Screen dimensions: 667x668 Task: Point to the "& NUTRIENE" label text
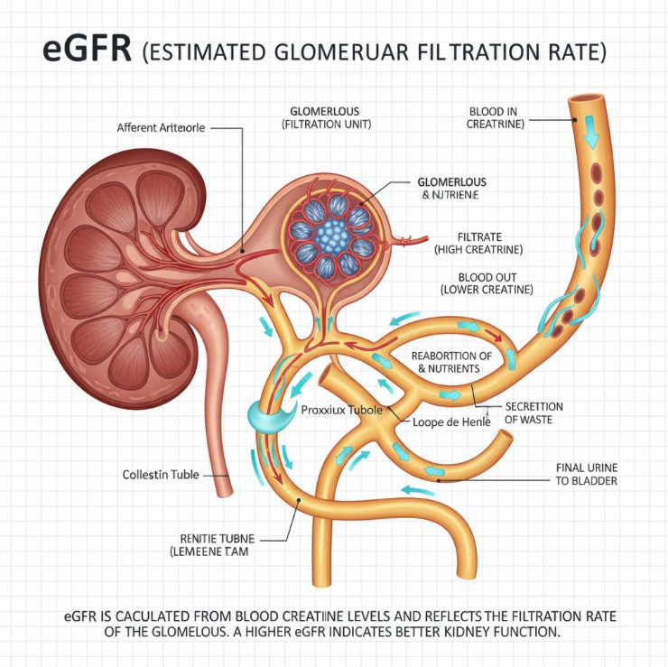tap(444, 194)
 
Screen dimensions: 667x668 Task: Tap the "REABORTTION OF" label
tap(451, 356)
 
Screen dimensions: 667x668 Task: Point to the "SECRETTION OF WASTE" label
tap(533, 412)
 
